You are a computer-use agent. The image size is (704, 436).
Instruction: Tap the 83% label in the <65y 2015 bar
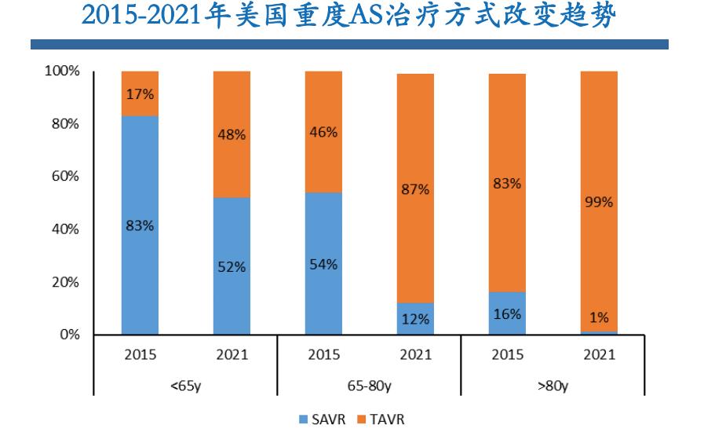[140, 225]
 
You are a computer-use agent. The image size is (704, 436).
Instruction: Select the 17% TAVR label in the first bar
[140, 93]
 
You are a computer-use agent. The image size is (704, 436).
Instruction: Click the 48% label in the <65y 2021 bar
[232, 134]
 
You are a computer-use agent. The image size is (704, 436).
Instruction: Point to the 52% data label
[232, 266]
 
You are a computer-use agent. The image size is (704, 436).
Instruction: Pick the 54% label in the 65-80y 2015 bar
[323, 264]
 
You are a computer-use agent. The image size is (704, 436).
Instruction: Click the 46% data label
[323, 132]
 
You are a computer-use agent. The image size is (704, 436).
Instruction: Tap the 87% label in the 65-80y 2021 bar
[415, 189]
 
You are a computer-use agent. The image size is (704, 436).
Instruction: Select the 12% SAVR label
[415, 319]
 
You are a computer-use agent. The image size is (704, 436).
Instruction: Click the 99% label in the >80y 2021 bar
[599, 202]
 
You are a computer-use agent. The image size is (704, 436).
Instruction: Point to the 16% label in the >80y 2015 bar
[507, 313]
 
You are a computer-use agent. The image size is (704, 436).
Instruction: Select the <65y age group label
[185, 387]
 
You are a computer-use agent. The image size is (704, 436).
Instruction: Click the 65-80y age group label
[369, 387]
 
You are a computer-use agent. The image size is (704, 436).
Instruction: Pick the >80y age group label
[553, 387]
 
